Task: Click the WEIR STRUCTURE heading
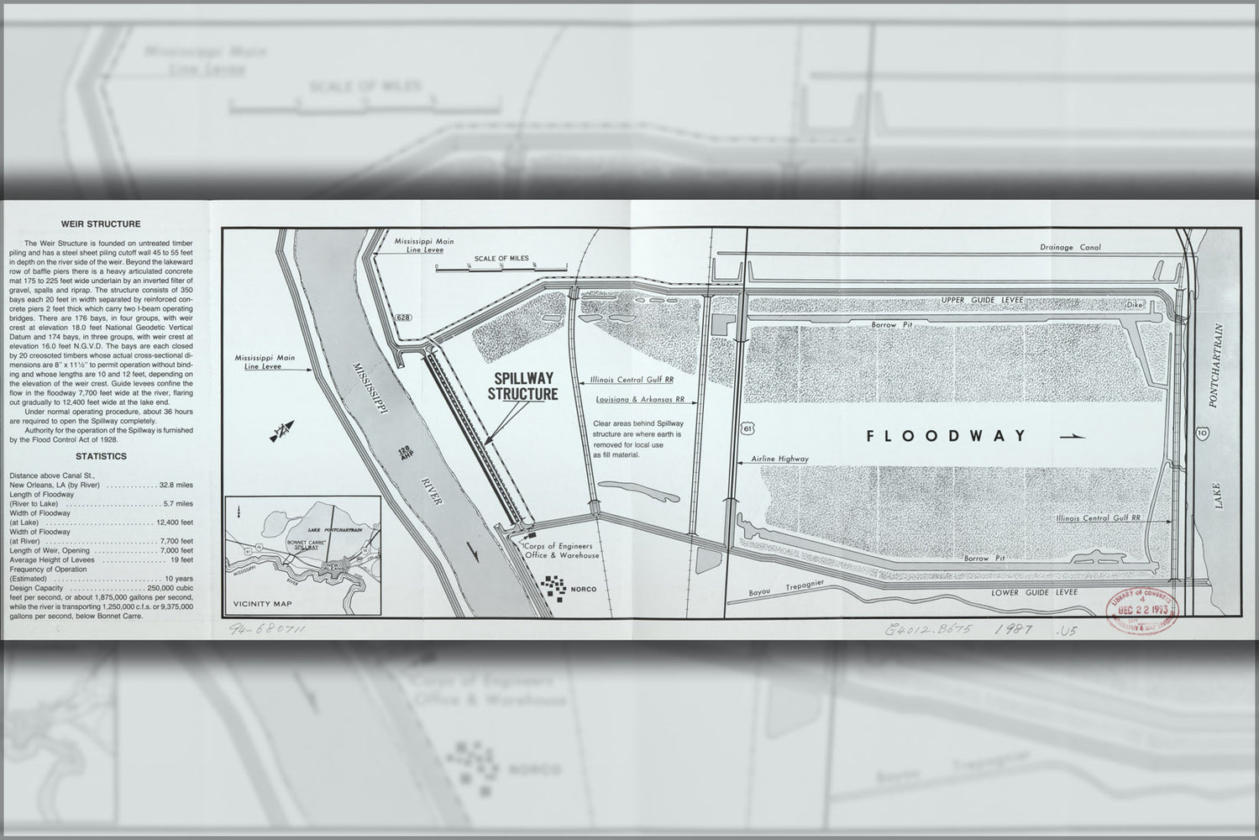coord(101,224)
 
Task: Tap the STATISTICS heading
coord(101,456)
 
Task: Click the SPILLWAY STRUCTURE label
coord(526,386)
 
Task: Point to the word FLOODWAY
coord(947,435)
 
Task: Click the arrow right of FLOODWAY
coord(1073,436)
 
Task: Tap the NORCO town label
coord(583,589)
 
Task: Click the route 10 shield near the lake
coord(1204,433)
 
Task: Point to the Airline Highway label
coord(781,459)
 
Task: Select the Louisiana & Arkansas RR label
coord(640,400)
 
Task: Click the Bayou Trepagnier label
coord(787,589)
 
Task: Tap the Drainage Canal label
coord(1069,248)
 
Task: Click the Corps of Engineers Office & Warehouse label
coord(562,551)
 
